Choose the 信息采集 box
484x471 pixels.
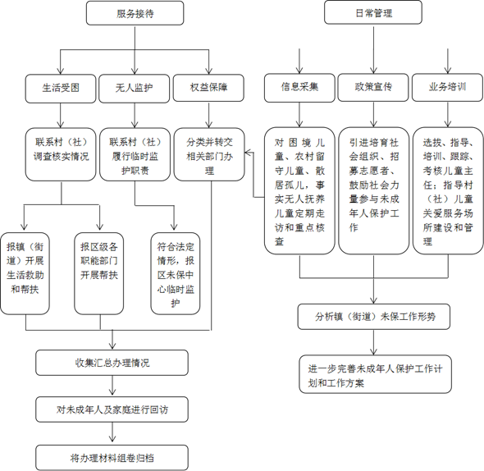point(299,86)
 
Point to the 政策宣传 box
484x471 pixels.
point(373,86)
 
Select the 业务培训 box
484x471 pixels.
point(448,86)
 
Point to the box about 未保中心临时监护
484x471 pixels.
point(175,273)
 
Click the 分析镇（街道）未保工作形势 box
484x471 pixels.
point(373,316)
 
